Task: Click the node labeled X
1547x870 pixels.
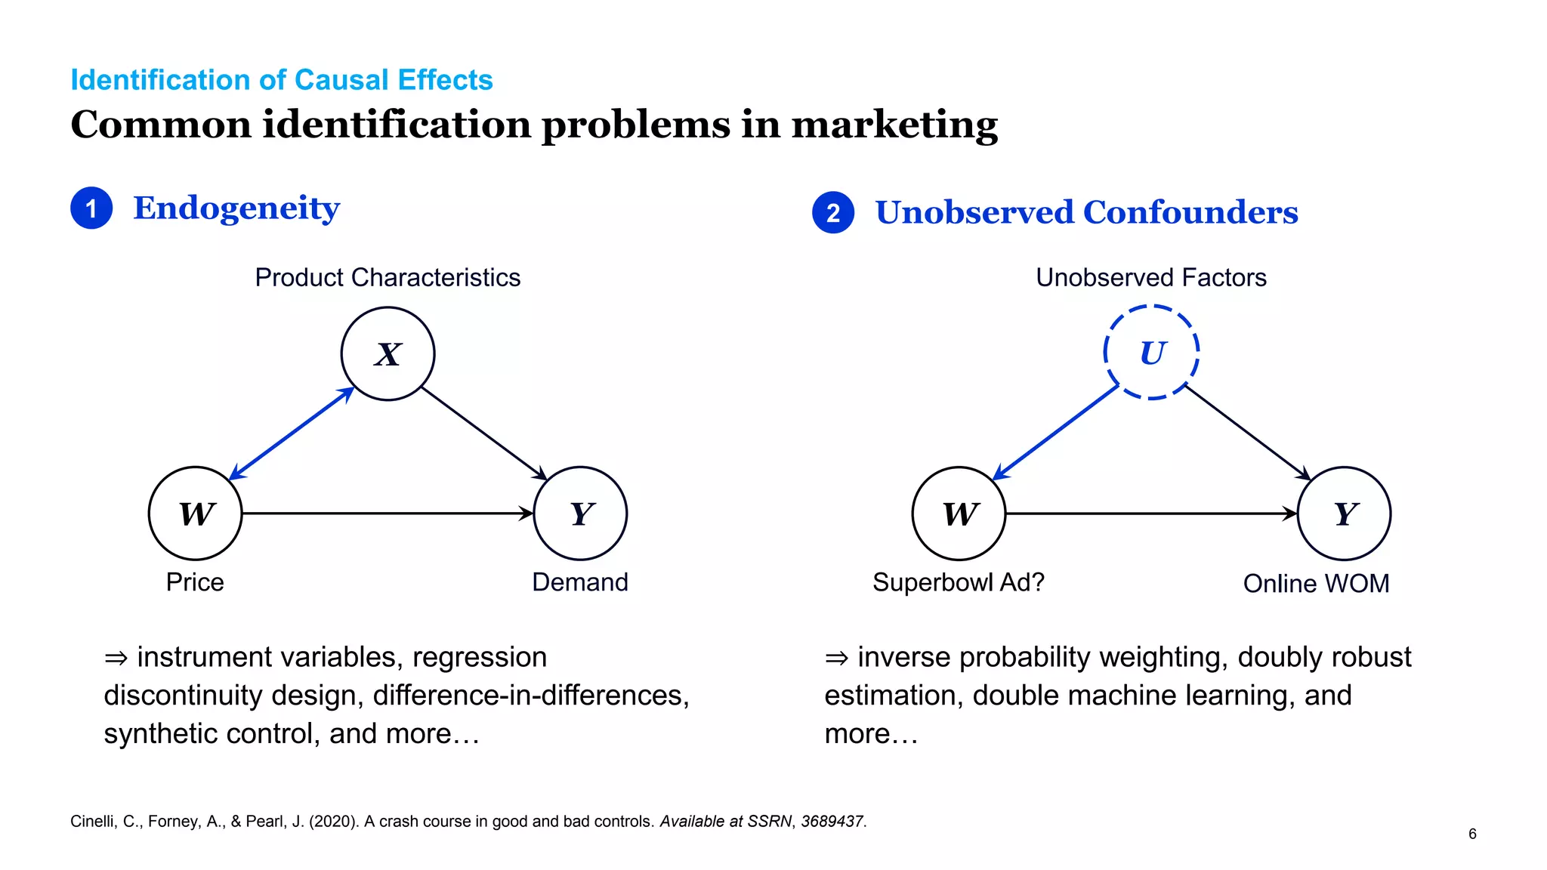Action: [388, 353]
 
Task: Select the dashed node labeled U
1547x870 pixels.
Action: [1151, 353]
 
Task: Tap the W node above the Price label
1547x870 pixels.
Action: [196, 514]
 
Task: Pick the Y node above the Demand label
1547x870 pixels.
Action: [580, 514]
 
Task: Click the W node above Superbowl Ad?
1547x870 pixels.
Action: [959, 514]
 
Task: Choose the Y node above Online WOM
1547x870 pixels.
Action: [1344, 514]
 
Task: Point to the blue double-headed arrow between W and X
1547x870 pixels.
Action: [292, 433]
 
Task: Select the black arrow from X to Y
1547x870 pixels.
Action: [484, 433]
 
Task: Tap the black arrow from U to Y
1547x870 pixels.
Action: [1248, 432]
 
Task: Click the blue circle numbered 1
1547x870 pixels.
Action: [91, 208]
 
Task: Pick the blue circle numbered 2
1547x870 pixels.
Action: [833, 213]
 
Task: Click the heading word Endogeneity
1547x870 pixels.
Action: [236, 208]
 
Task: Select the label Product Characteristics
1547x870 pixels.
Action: [388, 277]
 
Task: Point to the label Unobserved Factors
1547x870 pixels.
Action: [1150, 277]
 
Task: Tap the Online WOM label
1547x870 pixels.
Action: [1316, 583]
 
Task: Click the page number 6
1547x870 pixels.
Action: [1472, 834]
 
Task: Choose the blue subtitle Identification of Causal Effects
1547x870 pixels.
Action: [281, 80]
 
